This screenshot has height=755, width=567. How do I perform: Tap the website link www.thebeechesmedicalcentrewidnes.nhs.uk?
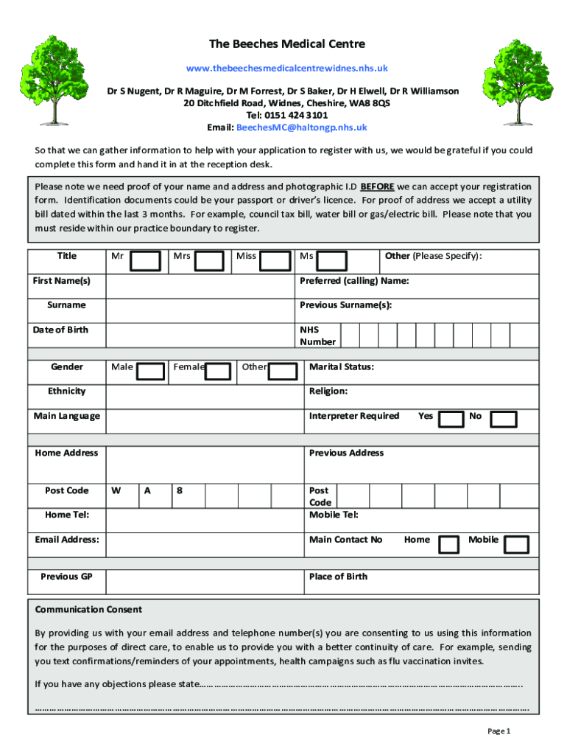click(286, 68)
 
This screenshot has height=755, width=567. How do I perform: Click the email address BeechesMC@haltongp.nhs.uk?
click(300, 128)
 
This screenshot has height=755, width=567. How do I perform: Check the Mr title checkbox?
click(147, 261)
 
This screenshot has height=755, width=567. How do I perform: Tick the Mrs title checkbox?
click(211, 261)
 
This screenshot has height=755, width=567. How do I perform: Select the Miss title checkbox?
click(276, 261)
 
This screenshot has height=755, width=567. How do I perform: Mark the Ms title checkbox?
click(334, 261)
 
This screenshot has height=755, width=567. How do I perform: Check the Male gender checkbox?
click(151, 371)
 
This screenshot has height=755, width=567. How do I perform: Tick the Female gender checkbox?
click(218, 371)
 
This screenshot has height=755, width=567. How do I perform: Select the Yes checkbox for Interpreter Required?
click(450, 420)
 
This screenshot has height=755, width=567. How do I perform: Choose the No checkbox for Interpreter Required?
click(504, 420)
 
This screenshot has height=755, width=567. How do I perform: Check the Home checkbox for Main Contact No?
click(448, 544)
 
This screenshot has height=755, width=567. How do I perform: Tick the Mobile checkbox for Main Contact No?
click(516, 544)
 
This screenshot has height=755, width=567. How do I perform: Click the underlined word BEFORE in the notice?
click(377, 187)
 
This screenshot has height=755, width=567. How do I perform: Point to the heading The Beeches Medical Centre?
click(286, 44)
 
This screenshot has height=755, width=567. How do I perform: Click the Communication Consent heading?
click(88, 610)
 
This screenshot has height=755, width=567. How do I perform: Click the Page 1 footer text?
click(499, 731)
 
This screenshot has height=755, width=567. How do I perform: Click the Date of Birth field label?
click(60, 330)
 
